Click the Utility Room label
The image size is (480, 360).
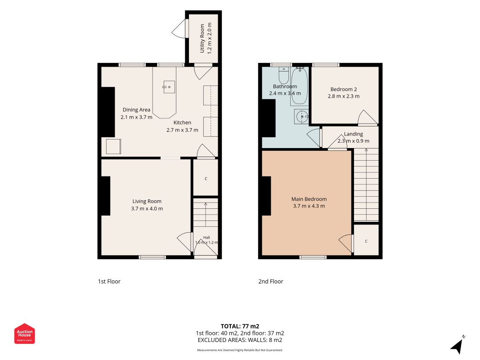[202, 38]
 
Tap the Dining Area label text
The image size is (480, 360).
[136, 110]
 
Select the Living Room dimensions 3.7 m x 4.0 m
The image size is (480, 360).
[147, 208]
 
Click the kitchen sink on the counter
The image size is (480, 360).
[169, 87]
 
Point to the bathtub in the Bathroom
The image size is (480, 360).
[299, 86]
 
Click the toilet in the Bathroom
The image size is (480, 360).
[284, 75]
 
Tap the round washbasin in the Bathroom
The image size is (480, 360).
[301, 117]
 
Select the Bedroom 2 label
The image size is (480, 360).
[344, 89]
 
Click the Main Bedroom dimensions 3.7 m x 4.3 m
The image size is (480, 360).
[309, 206]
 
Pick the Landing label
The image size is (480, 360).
[353, 134]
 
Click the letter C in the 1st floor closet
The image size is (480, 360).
[206, 179]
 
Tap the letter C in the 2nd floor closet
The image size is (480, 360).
[366, 241]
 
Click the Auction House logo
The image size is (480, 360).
[24, 333]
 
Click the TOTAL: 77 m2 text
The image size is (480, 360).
[240, 326]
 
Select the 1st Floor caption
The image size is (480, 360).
[109, 281]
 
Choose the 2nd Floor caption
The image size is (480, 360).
[271, 281]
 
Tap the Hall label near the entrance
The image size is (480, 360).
[206, 237]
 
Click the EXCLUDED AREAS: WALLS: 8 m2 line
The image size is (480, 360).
[240, 340]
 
